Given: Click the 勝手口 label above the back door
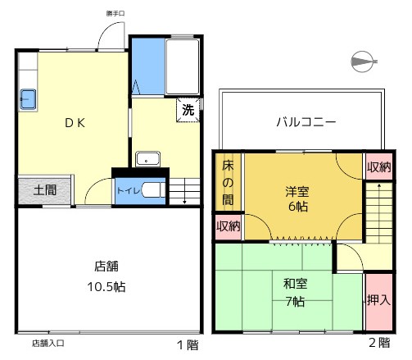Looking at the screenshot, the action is pyautogui.click(x=115, y=13).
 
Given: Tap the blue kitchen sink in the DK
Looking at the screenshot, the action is pyautogui.click(x=28, y=99).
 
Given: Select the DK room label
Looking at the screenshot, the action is pyautogui.click(x=75, y=123).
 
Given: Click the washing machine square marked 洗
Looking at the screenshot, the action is pyautogui.click(x=188, y=110).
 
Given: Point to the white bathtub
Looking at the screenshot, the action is pyautogui.click(x=183, y=67).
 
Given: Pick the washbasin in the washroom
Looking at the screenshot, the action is pyautogui.click(x=147, y=159).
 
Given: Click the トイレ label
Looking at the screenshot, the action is pyautogui.click(x=129, y=190).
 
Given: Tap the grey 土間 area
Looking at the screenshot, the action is pyautogui.click(x=45, y=190).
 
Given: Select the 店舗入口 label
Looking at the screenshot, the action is pyautogui.click(x=48, y=343).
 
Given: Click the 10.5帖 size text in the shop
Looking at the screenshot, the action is pyautogui.click(x=106, y=287).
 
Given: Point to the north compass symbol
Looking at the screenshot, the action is pyautogui.click(x=363, y=62).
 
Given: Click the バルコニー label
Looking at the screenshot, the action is pyautogui.click(x=306, y=122).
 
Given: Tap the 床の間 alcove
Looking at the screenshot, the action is pyautogui.click(x=228, y=182).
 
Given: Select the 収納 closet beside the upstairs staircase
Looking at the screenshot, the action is pyautogui.click(x=379, y=166).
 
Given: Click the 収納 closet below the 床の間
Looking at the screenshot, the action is pyautogui.click(x=229, y=227).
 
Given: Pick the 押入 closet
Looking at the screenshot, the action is pyautogui.click(x=379, y=302).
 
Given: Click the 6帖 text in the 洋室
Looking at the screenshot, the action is pyautogui.click(x=298, y=207).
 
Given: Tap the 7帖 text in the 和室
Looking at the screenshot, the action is pyautogui.click(x=295, y=302).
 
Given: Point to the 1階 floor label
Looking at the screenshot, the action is pyautogui.click(x=188, y=345).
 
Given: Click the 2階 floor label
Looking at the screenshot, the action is pyautogui.click(x=379, y=343).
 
